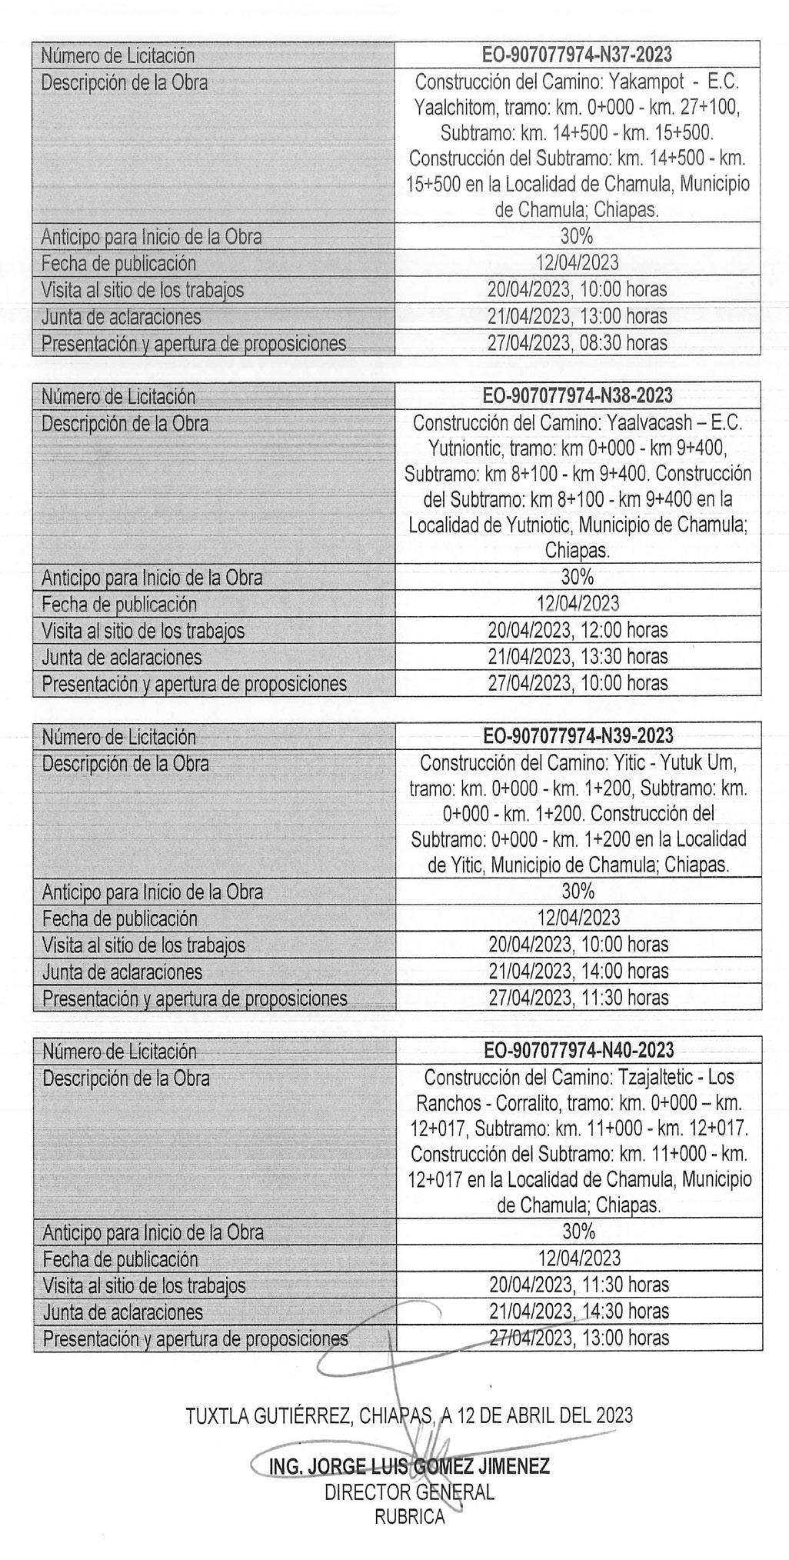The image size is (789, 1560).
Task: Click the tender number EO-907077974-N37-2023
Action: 577,55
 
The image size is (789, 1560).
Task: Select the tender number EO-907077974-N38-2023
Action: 578,396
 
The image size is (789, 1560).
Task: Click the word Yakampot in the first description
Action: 641,82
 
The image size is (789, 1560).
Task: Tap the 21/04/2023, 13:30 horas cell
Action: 578,657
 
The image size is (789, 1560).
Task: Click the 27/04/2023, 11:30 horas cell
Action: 578,998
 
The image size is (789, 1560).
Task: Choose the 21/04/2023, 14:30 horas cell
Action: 579,1311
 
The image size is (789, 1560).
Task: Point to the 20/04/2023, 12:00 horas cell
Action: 578,631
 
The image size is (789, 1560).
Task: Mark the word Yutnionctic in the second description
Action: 467,448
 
